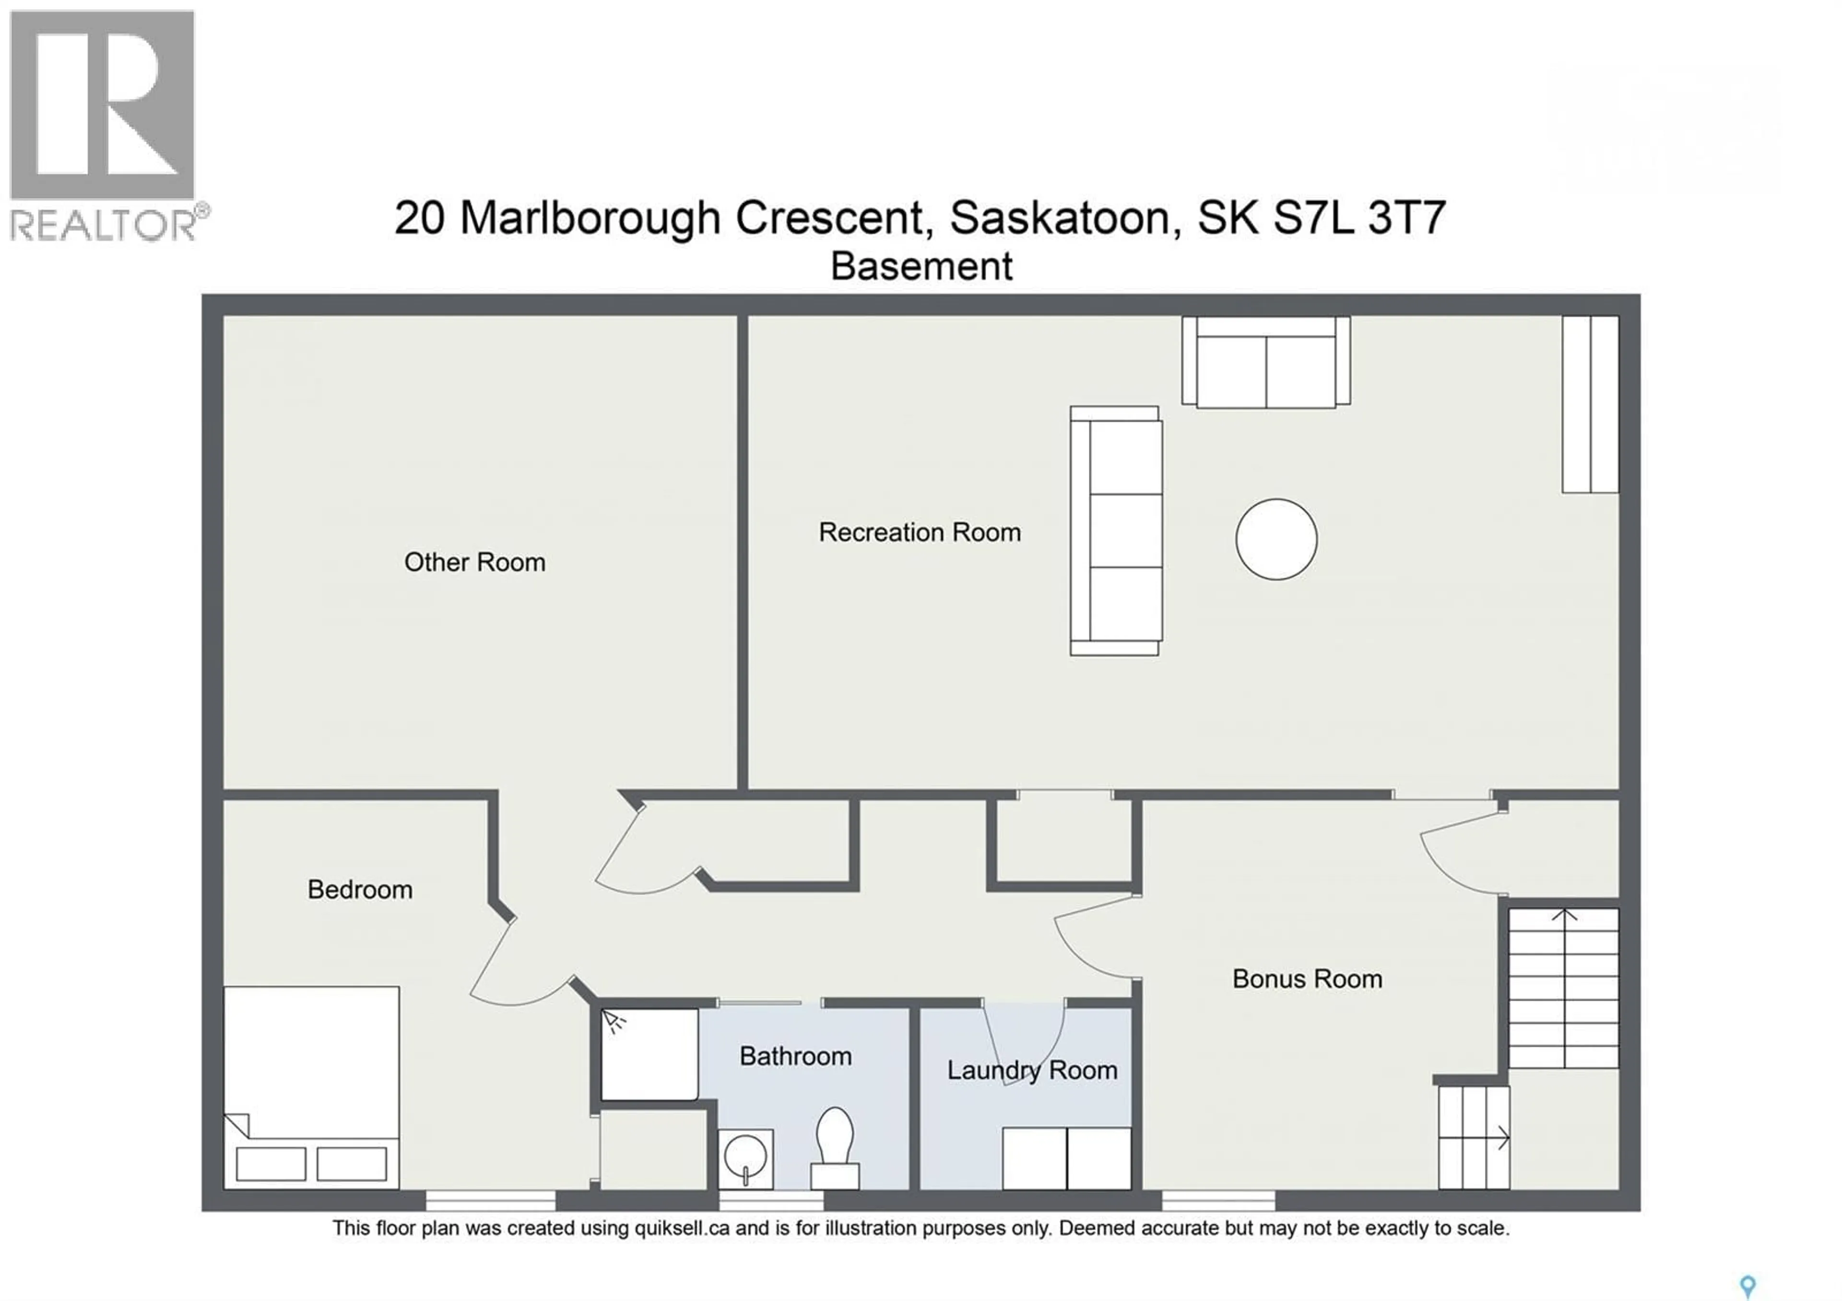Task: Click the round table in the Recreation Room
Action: coord(1275,539)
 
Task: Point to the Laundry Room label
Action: coord(1032,1070)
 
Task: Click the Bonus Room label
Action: coord(1307,979)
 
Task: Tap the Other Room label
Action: coord(474,562)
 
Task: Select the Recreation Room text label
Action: coord(920,532)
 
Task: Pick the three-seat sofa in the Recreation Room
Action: coord(1116,531)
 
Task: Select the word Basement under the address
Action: coord(921,266)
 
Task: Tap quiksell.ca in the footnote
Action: coord(682,1228)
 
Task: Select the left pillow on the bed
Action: coord(271,1164)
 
